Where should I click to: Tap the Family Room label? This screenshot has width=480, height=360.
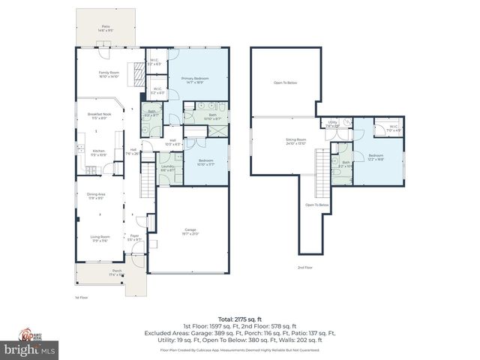[x=109, y=74]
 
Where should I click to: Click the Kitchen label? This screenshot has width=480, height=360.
[x=98, y=152]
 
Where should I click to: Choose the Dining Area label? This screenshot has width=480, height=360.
[x=96, y=196]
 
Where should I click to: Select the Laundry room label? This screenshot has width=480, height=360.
[x=167, y=169]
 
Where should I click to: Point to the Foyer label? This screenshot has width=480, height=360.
[x=135, y=238]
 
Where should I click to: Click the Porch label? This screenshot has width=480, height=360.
[x=117, y=273]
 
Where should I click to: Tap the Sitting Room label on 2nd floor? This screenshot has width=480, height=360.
[x=296, y=141]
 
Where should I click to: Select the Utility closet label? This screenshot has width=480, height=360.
[x=332, y=124]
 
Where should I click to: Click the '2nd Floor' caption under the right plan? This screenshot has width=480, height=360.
[x=304, y=268]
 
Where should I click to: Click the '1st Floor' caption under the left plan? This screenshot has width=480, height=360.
[x=82, y=297]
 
